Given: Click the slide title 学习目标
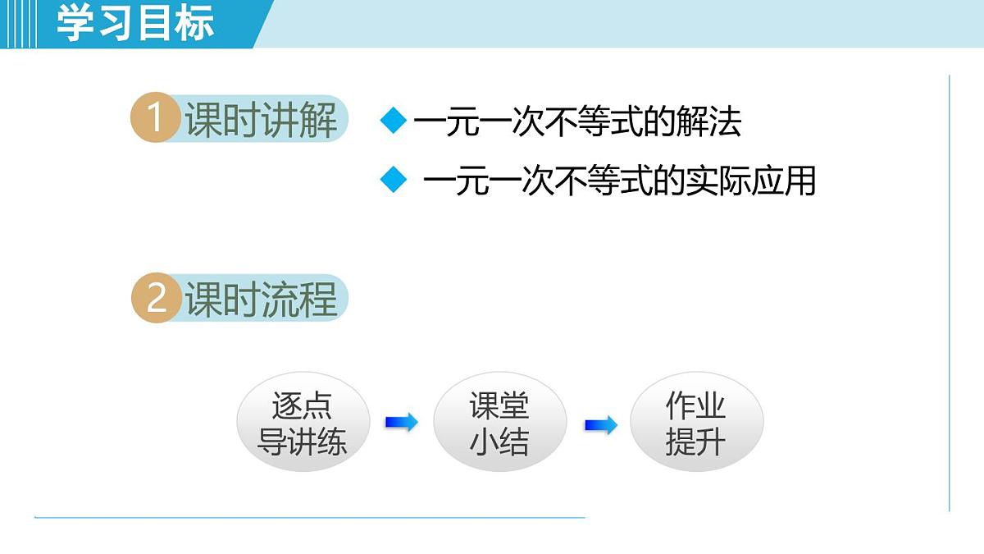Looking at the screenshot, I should click(x=135, y=23).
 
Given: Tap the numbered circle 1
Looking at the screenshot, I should click(x=155, y=119).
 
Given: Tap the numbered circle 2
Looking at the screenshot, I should click(x=155, y=298).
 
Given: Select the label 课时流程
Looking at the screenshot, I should click(x=261, y=299).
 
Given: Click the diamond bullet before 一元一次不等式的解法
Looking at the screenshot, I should click(x=394, y=121).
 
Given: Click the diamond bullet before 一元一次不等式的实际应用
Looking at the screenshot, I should click(x=394, y=179).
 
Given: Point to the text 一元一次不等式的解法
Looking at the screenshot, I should click(x=577, y=122).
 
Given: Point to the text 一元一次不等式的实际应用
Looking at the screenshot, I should click(x=619, y=181).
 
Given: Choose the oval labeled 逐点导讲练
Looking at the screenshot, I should click(x=303, y=424).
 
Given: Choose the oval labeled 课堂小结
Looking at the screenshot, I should click(x=499, y=424).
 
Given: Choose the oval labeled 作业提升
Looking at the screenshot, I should click(x=696, y=424).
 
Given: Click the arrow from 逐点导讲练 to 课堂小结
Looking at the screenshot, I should click(x=402, y=423).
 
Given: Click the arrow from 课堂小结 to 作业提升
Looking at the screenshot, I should click(x=600, y=425).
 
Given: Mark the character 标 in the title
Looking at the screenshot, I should click(x=194, y=23).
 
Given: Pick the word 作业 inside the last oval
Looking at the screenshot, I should click(x=696, y=405).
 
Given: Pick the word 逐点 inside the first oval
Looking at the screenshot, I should click(x=302, y=405).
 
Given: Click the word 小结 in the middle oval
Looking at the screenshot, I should click(x=499, y=442).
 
